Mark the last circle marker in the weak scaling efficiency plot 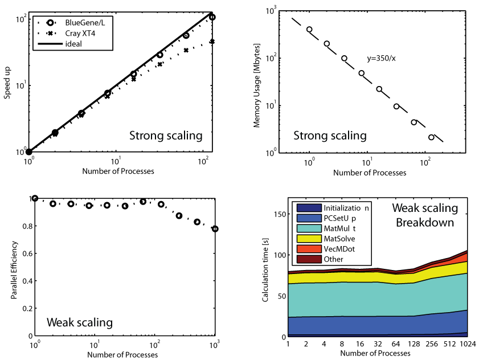pos(215,229)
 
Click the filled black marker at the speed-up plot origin pos(28,152)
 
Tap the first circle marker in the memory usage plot pos(310,30)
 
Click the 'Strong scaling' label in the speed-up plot pos(166,136)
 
